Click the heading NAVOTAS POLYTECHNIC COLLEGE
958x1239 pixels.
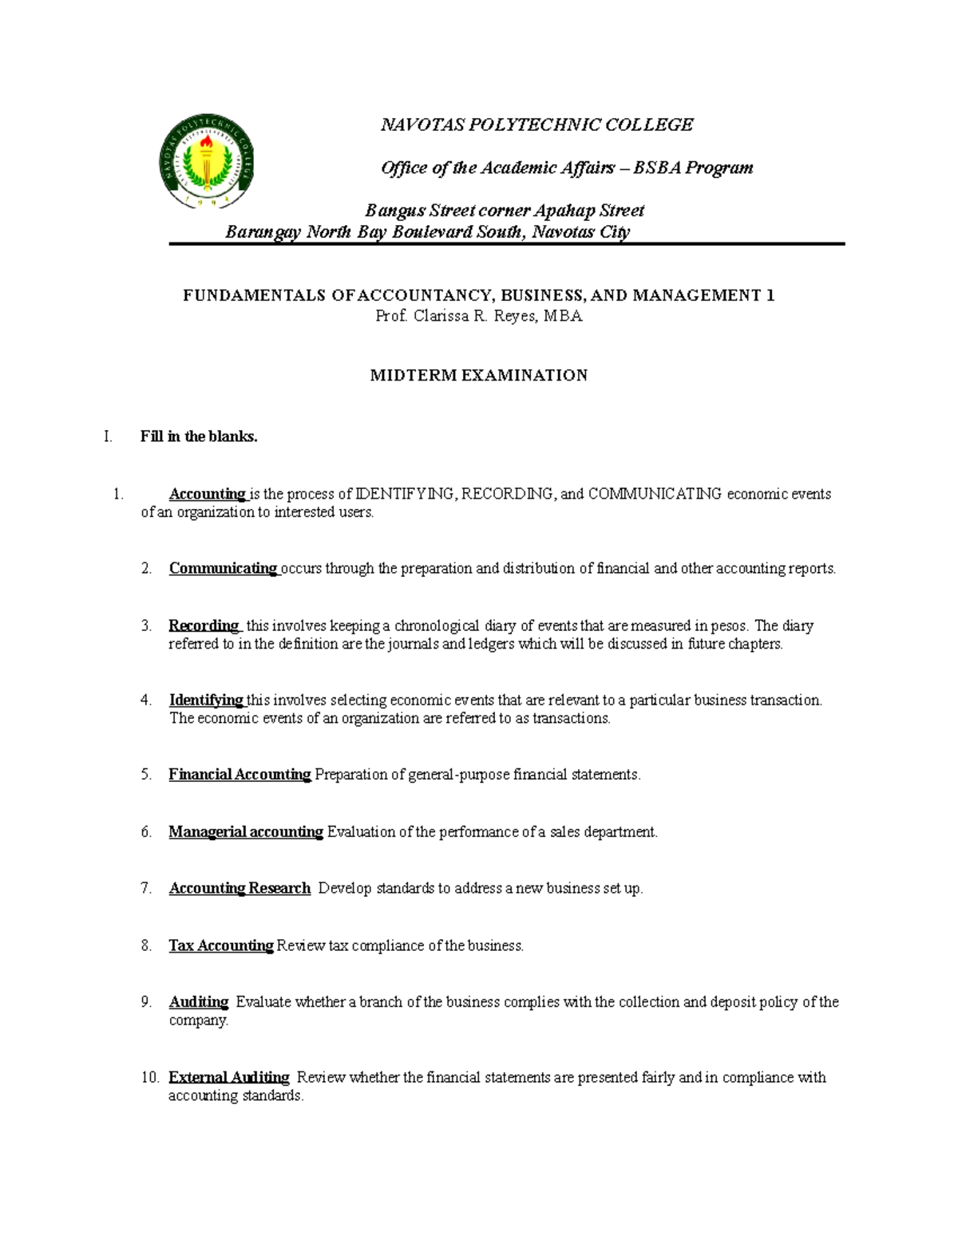536,124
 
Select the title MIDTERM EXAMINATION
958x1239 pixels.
478,375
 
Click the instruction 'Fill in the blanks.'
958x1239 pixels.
199,436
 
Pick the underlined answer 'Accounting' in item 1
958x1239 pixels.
207,494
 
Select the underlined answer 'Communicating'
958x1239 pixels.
223,569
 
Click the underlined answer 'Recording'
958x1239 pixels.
204,625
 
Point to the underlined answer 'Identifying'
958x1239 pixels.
206,700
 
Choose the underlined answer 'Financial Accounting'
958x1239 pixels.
239,775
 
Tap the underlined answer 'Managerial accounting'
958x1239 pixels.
246,832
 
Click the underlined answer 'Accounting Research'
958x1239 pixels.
239,889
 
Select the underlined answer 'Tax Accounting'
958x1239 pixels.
221,946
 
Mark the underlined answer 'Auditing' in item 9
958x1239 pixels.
199,1002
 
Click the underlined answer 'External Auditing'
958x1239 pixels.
229,1078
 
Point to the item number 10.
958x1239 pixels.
150,1078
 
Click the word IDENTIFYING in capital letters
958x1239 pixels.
406,494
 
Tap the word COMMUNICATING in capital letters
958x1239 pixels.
655,494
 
